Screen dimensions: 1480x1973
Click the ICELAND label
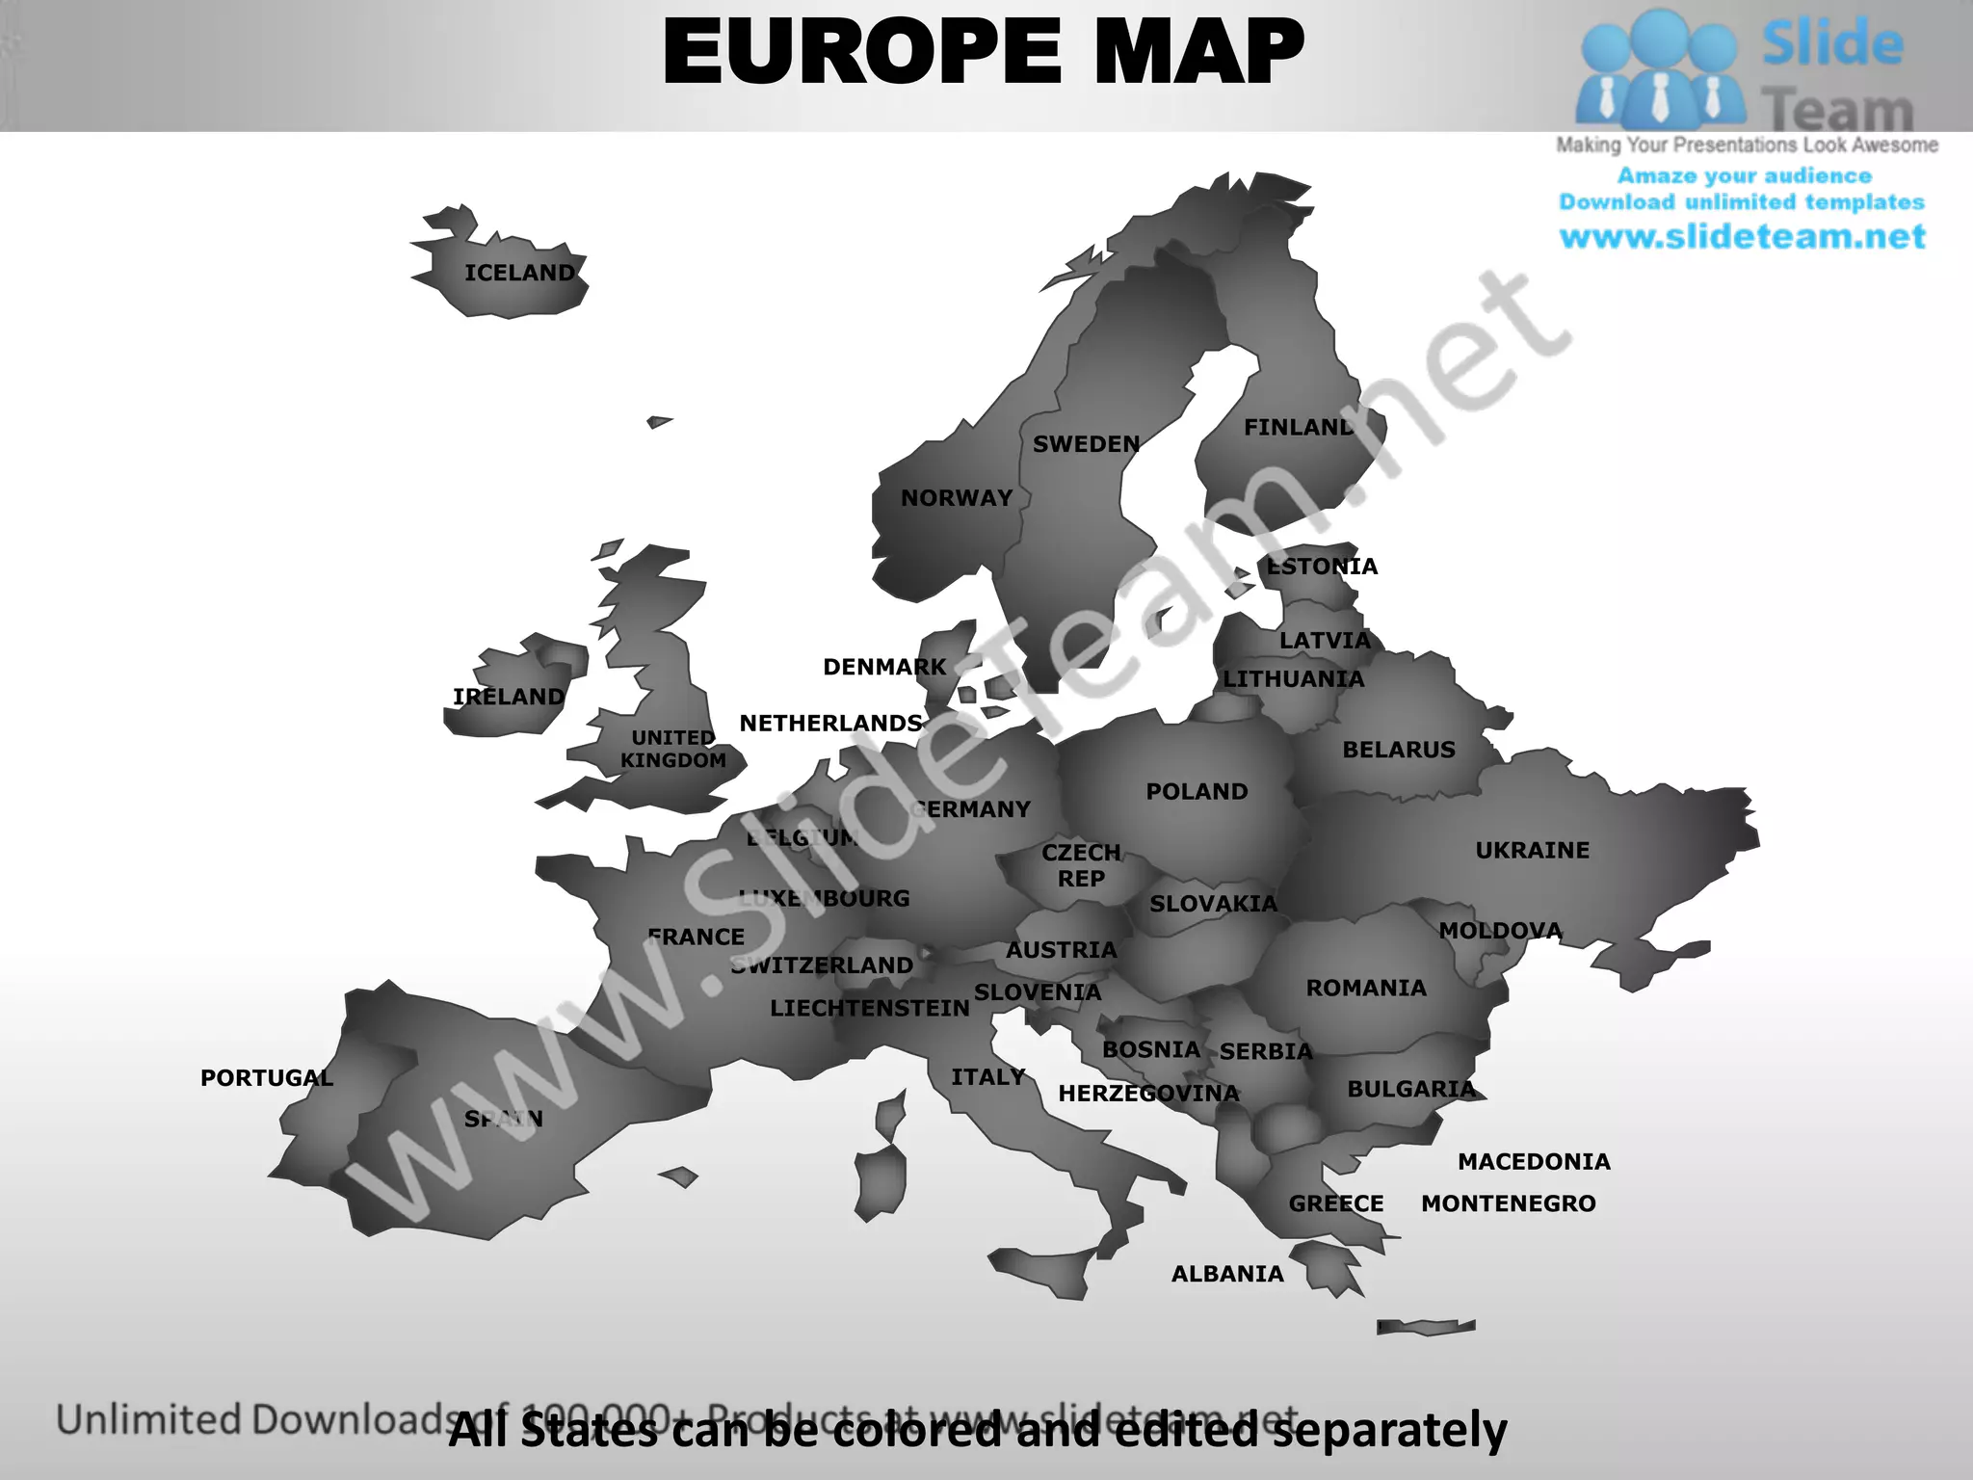pos(519,274)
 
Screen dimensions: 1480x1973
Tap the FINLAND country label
pos(1298,428)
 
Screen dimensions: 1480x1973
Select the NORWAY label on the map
pos(956,498)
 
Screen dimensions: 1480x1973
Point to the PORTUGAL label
pos(267,1078)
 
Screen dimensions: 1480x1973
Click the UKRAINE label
pos(1532,851)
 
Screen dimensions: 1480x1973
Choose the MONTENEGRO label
pos(1508,1203)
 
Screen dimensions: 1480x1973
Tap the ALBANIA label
pos(1227,1274)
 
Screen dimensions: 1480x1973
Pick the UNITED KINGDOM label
pos(673,749)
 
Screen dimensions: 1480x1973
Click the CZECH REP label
pos(1081,865)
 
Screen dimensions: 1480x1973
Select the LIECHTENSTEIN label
pos(869,1009)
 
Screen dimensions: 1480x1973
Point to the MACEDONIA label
pos(1534,1162)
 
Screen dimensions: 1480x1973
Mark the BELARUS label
pos(1399,750)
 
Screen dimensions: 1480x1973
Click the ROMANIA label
pos(1366,989)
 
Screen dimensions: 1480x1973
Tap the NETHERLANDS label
pos(830,724)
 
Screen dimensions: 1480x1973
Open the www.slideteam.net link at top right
pos(1742,237)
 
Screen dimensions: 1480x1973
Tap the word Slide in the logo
pos(1832,44)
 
